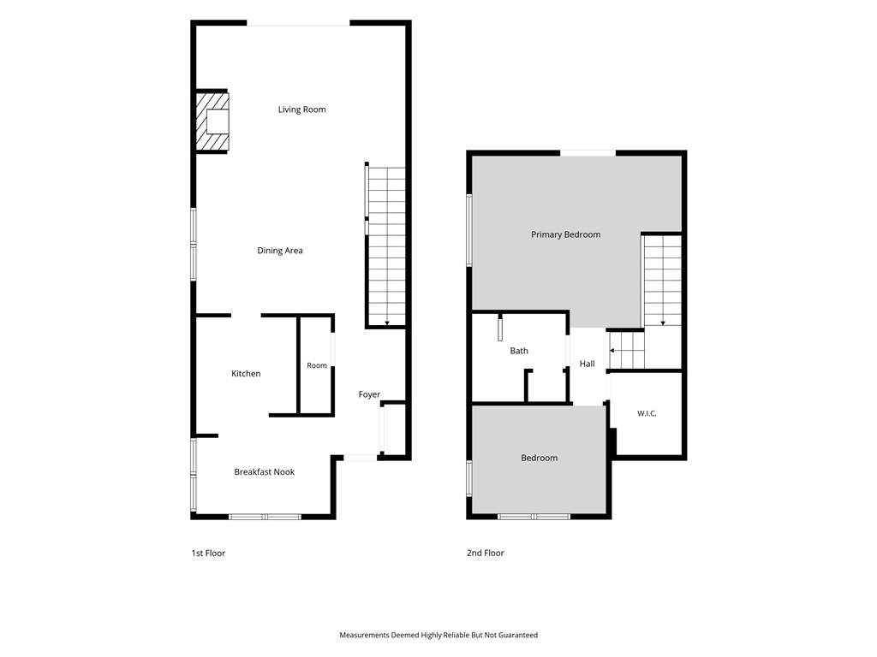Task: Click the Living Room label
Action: [302, 109]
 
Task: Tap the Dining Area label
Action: [280, 251]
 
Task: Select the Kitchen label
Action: [246, 374]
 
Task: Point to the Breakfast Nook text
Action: [264, 472]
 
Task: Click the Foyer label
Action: [369, 394]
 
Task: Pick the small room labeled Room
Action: [317, 365]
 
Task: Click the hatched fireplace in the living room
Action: [212, 121]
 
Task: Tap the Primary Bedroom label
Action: [565, 234]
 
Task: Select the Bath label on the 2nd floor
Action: [519, 351]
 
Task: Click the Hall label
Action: [587, 364]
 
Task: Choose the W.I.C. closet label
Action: [647, 413]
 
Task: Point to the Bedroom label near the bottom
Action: [540, 459]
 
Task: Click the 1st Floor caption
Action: [208, 553]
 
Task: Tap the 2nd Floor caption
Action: [486, 553]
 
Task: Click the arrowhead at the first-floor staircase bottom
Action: [386, 323]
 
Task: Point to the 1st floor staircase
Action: [386, 246]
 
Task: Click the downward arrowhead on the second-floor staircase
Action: [663, 323]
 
